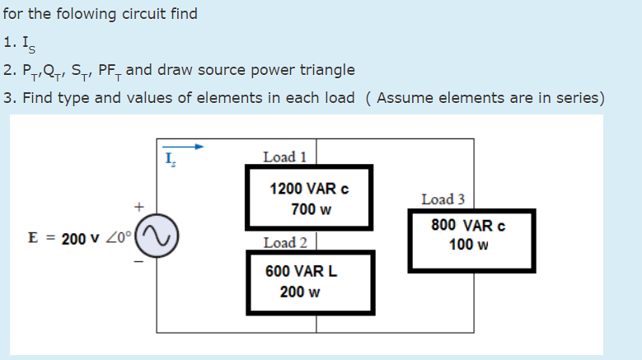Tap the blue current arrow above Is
[x=183, y=148]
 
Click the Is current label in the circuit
[x=170, y=159]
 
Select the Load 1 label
[x=284, y=157]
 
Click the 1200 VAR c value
[x=309, y=189]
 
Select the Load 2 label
[x=285, y=242]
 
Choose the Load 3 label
[x=443, y=199]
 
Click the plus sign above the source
[x=140, y=205]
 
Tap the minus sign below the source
[x=139, y=263]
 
